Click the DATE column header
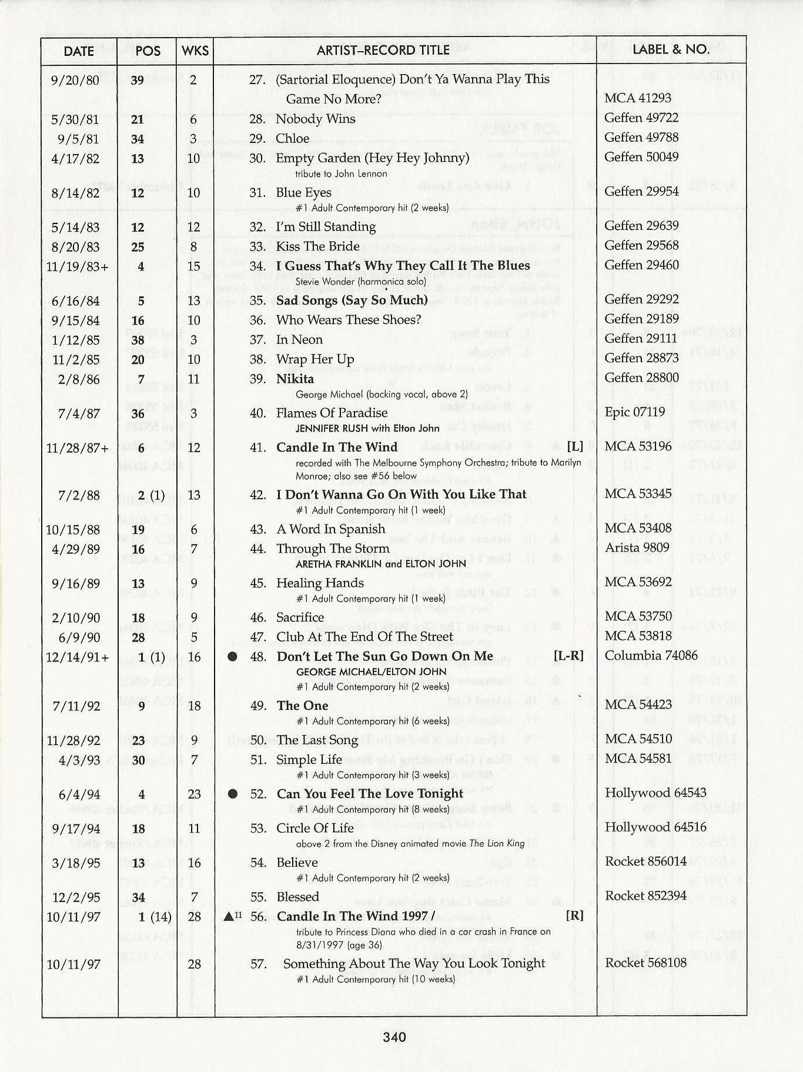click(79, 51)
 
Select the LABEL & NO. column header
click(671, 49)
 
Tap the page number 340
click(394, 1037)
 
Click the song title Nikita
click(295, 379)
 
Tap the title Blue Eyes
click(304, 192)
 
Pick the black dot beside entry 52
click(233, 794)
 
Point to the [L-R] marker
click(568, 656)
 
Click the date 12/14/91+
click(78, 657)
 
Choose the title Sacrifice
click(300, 617)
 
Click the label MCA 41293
click(638, 98)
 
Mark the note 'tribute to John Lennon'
click(341, 174)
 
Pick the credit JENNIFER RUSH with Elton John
click(367, 428)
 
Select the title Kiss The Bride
click(317, 246)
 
